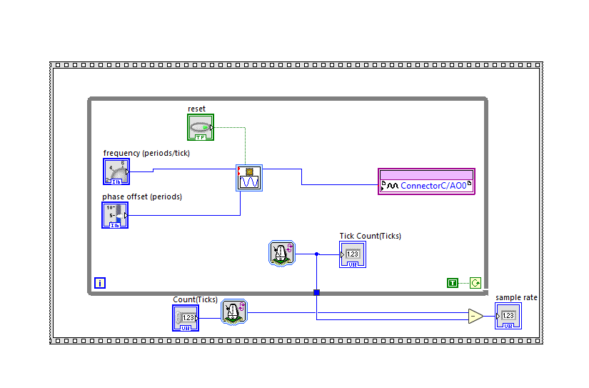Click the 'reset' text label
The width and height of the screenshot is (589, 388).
pyautogui.click(x=196, y=109)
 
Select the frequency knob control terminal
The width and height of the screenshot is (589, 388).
pyautogui.click(x=116, y=172)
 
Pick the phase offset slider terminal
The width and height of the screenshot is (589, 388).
pyautogui.click(x=115, y=215)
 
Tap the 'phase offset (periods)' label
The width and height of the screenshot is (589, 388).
pyautogui.click(x=141, y=197)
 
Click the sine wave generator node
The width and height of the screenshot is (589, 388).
pyautogui.click(x=249, y=178)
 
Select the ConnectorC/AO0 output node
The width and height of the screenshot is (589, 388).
pyautogui.click(x=427, y=181)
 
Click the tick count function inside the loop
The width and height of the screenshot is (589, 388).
pyautogui.click(x=283, y=254)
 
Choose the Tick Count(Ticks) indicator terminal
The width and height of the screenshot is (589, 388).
pyautogui.click(x=353, y=254)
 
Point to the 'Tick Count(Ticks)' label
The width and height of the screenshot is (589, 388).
pyautogui.click(x=370, y=236)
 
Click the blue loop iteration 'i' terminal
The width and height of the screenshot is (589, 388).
pyautogui.click(x=100, y=282)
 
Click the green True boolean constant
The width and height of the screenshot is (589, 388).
pyautogui.click(x=452, y=283)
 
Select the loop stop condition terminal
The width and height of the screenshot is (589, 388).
pyautogui.click(x=475, y=283)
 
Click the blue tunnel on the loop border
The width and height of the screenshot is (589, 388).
pyautogui.click(x=316, y=292)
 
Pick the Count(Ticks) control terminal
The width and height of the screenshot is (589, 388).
pyautogui.click(x=186, y=318)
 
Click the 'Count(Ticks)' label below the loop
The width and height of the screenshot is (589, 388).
pyautogui.click(x=195, y=299)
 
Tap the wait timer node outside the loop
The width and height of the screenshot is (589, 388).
pyautogui.click(x=233, y=312)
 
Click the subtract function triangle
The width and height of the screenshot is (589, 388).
pyautogui.click(x=475, y=316)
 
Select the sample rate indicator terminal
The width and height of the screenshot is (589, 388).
pyautogui.click(x=508, y=316)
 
